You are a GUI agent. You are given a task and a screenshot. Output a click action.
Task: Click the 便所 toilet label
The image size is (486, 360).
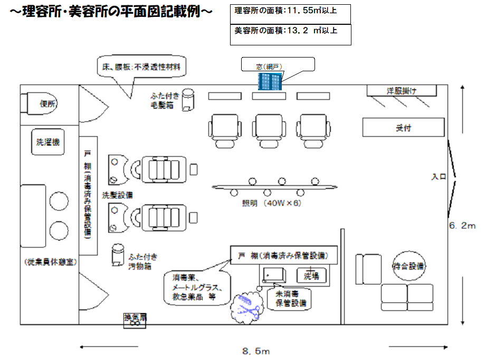tap(48, 104)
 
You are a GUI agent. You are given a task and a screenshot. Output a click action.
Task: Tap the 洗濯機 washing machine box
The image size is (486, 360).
tap(47, 141)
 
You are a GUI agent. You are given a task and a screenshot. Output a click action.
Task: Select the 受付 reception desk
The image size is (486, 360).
tap(404, 128)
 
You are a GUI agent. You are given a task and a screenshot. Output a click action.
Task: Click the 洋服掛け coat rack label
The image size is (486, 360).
tap(402, 91)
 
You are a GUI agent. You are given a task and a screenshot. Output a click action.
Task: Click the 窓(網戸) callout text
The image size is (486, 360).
tap(270, 67)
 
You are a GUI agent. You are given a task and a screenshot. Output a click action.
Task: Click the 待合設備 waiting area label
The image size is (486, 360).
tap(409, 266)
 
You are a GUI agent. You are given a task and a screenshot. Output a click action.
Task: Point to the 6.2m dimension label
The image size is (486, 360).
tap(462, 225)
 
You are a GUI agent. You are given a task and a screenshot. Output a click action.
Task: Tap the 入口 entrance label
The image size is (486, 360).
tap(439, 177)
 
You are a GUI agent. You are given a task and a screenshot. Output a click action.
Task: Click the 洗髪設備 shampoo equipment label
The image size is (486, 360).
tap(117, 194)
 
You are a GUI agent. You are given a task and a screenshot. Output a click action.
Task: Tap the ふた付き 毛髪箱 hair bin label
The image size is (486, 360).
tap(166, 100)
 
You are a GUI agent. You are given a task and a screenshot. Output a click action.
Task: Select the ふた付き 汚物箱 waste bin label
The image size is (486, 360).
tap(143, 261)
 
